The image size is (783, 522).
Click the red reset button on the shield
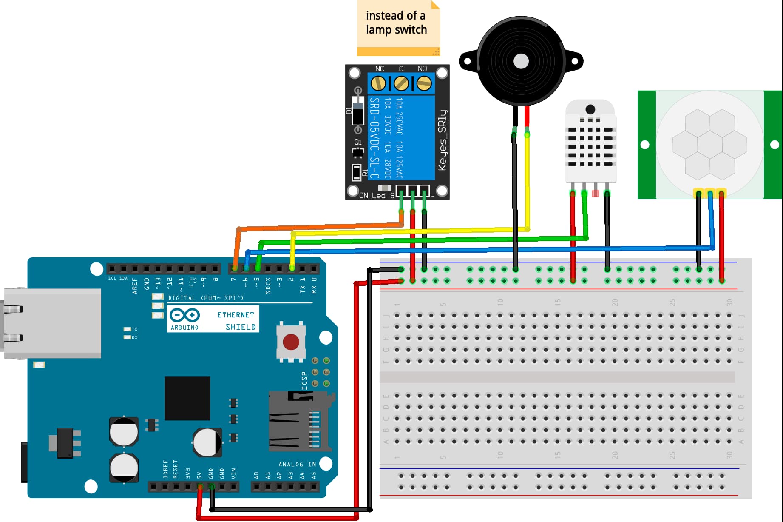tap(291, 342)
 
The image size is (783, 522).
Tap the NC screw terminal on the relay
tap(378, 83)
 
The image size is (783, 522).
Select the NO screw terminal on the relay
tap(424, 83)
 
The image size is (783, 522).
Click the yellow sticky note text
tap(396, 23)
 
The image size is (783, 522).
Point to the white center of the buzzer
tap(521, 61)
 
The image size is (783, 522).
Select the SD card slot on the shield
tap(300, 421)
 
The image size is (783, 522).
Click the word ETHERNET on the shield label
tap(235, 315)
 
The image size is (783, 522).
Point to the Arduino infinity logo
tap(184, 315)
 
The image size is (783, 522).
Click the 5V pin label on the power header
tap(199, 475)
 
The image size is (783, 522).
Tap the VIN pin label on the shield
tap(233, 474)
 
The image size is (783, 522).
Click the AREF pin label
tap(135, 286)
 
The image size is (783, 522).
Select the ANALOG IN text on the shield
tap(297, 464)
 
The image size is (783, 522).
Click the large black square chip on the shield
tap(187, 398)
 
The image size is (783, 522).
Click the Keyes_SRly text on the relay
tap(442, 140)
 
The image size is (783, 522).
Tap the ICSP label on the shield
tap(304, 381)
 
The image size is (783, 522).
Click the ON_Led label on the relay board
tap(372, 196)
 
